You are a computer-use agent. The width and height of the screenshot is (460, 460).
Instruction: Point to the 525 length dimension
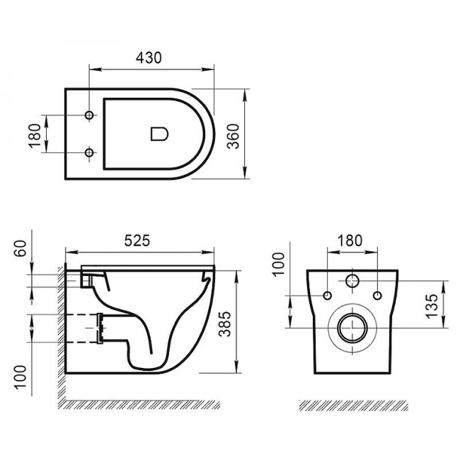pos(138,240)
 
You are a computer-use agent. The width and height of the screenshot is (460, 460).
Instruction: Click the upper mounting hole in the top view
pos(89,115)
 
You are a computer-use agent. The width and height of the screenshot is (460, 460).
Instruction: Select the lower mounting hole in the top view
pos(89,151)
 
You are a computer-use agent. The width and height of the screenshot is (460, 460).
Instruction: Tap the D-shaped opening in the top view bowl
pos(159,132)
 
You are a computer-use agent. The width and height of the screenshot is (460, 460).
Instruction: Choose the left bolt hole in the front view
pos(327,294)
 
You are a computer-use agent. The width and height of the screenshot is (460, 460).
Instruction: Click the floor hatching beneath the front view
pos(352,405)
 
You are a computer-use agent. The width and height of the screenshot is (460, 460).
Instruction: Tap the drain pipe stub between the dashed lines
pos(100,328)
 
